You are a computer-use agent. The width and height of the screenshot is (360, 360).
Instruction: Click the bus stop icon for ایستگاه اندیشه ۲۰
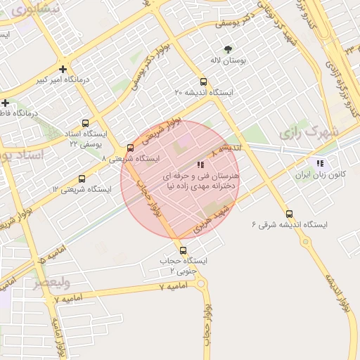coord(203,82)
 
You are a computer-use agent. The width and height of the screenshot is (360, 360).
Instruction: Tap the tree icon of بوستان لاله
coord(227,49)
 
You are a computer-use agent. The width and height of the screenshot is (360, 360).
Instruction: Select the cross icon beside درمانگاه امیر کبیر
coord(64,69)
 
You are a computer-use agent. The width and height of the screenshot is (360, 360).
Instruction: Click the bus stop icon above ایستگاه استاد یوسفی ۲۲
coord(86,122)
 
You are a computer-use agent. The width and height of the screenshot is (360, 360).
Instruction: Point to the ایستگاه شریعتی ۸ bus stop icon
coord(130,148)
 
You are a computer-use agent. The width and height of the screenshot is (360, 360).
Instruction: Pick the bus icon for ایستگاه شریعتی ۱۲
coord(82,179)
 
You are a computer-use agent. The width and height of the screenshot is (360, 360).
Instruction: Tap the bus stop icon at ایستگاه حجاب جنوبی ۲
coord(183,250)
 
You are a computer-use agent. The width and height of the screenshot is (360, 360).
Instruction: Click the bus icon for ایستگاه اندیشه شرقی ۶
coord(290,214)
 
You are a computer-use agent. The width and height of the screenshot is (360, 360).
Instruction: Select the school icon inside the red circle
coord(201,164)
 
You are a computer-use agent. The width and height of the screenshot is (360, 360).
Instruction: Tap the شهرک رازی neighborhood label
coord(309,131)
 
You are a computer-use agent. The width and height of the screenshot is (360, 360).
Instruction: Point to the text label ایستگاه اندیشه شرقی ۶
coord(290,225)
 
